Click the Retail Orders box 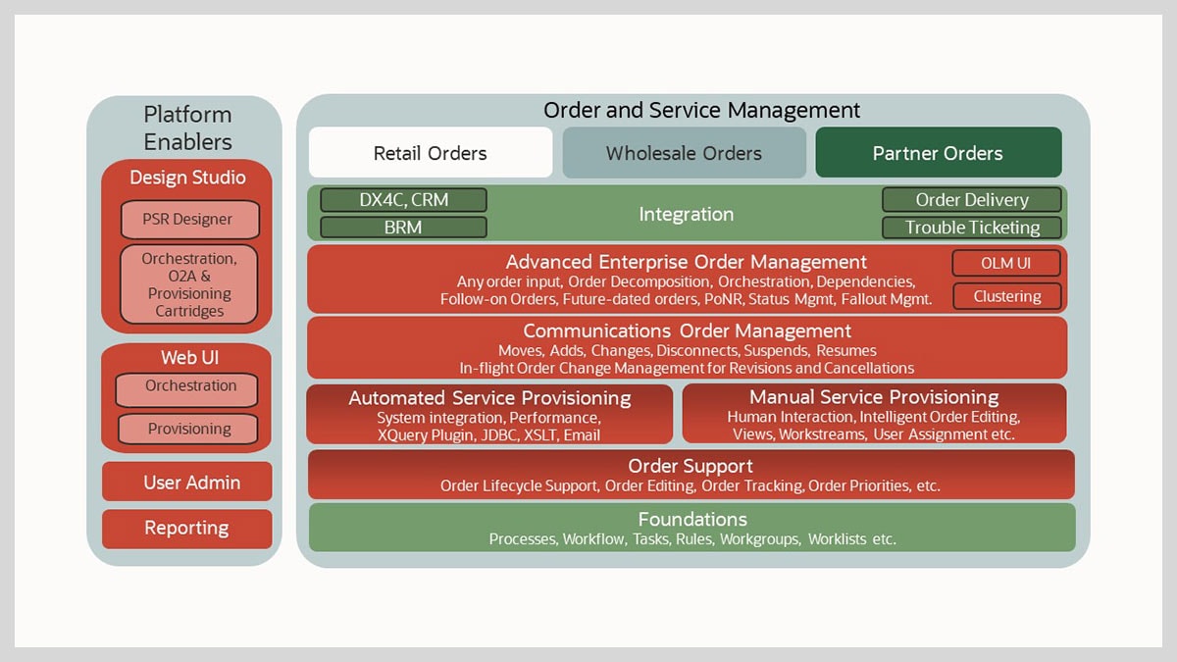coord(431,153)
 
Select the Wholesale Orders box coord(684,153)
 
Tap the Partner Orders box coord(938,153)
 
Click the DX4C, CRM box coord(403,200)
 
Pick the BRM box coord(403,228)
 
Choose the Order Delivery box coord(971,200)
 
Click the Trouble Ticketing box coord(971,228)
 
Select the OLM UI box coord(1006,263)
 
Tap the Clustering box coord(1006,296)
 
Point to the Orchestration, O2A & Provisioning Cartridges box coord(188,284)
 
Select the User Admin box coord(187,482)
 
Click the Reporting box coord(187,529)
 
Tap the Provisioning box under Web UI coord(188,429)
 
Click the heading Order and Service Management coord(701,111)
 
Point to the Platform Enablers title coord(187,127)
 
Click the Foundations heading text coord(692,519)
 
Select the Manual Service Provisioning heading coord(874,397)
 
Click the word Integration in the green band coord(686,214)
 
